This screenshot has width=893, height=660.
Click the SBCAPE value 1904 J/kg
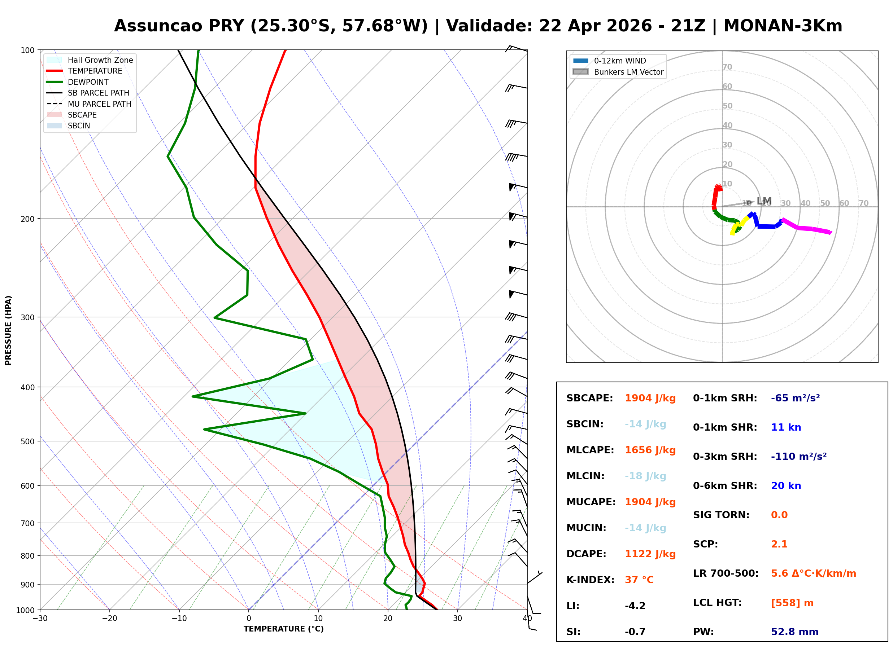click(x=650, y=398)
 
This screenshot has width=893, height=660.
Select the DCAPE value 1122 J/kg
click(x=650, y=554)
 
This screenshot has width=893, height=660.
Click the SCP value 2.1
click(x=779, y=544)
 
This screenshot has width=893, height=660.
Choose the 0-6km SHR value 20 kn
click(x=785, y=486)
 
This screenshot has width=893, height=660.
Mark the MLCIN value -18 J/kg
click(x=645, y=476)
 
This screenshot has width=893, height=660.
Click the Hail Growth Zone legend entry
click(x=100, y=60)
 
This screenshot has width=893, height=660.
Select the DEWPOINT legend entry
click(x=88, y=82)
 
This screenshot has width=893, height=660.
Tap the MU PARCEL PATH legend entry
click(x=99, y=104)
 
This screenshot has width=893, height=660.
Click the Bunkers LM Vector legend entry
click(x=628, y=72)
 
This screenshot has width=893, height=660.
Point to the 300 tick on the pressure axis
click(x=27, y=318)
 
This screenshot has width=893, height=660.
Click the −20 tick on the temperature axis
click(x=109, y=619)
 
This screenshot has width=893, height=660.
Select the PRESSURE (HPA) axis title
click(x=8, y=330)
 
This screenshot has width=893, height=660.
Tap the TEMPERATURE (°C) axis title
click(x=283, y=629)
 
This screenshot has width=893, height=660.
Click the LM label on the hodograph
click(x=764, y=201)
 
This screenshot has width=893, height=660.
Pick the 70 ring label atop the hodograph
click(x=727, y=67)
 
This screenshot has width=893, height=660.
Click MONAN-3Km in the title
click(x=783, y=26)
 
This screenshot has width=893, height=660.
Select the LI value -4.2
click(x=635, y=606)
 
